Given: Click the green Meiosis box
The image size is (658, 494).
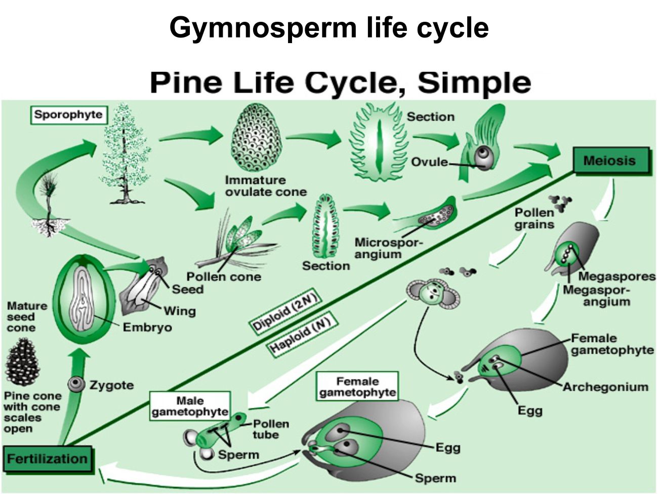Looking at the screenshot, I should click(609, 161).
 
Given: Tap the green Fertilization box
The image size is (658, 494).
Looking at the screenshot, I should click(47, 459).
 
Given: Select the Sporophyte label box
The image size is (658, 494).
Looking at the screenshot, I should click(68, 115).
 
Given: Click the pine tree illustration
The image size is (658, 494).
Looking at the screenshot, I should click(125, 155).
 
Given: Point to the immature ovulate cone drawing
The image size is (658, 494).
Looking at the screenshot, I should click(256, 138).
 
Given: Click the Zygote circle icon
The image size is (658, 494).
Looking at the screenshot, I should click(77, 385).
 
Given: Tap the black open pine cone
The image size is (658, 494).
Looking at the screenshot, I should click(22, 362).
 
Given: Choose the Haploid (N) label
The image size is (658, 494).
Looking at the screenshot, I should click(300, 335).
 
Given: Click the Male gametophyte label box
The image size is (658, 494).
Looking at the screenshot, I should click(190, 406).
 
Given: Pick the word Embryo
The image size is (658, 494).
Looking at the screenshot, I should click(147, 327).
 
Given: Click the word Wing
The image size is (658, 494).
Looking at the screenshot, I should click(179, 311).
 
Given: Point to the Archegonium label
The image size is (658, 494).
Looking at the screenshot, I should click(605, 387).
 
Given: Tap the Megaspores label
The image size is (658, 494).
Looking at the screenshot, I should click(616, 277).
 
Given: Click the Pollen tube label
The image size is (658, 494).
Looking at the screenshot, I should click(270, 429).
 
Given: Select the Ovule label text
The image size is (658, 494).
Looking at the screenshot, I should click(429, 162).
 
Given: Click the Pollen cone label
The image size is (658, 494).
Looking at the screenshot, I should click(224, 277).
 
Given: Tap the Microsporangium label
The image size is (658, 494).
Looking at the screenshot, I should click(388, 248).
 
